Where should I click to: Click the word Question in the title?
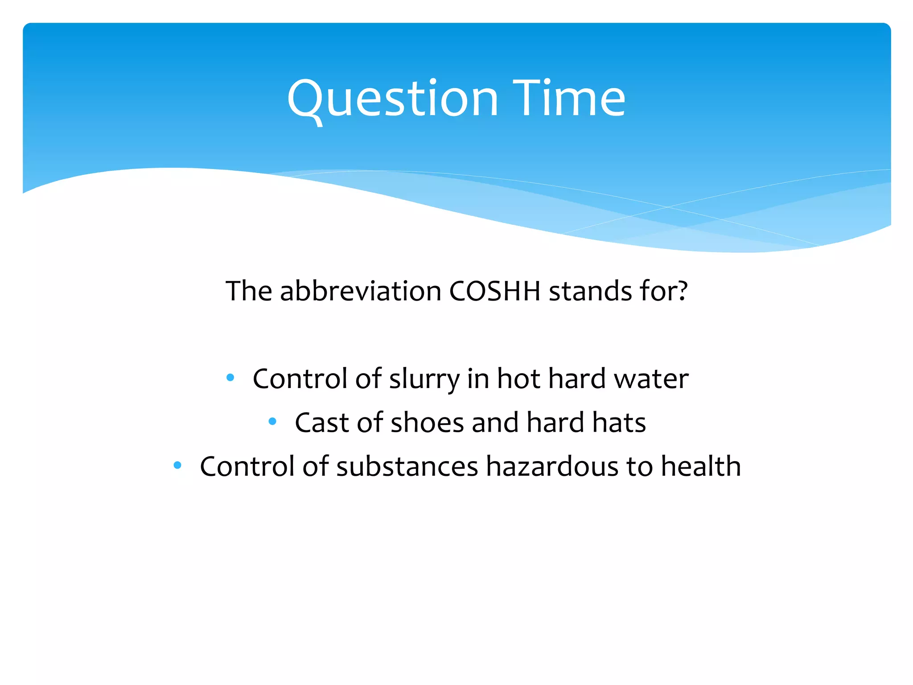tap(392, 99)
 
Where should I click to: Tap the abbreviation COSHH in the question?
tap(495, 291)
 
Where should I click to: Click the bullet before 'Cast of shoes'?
tap(272, 421)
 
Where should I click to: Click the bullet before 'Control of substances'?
tap(177, 466)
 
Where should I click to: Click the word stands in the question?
tap(590, 291)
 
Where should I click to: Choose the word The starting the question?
tap(249, 291)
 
